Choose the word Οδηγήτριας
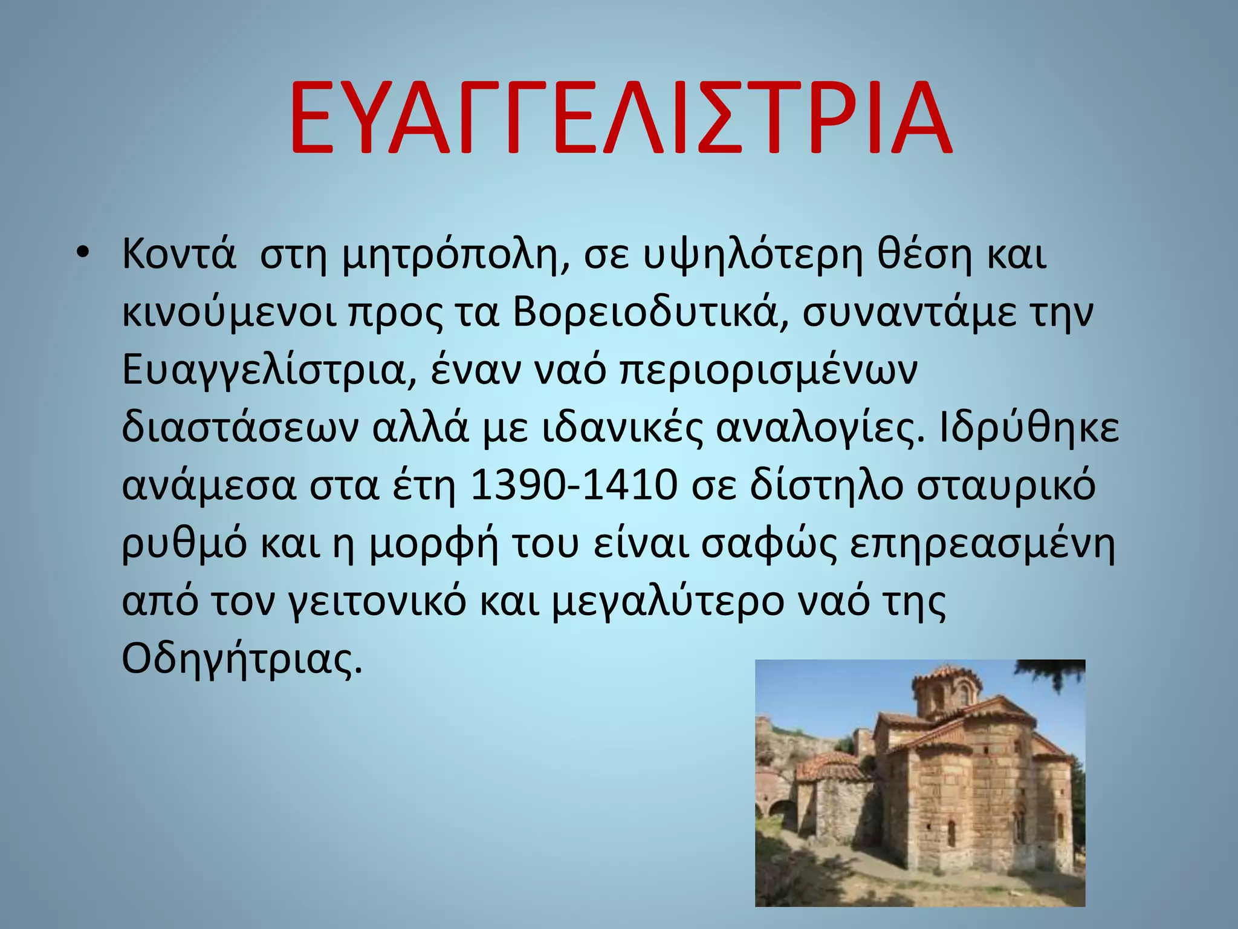[x=242, y=659]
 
